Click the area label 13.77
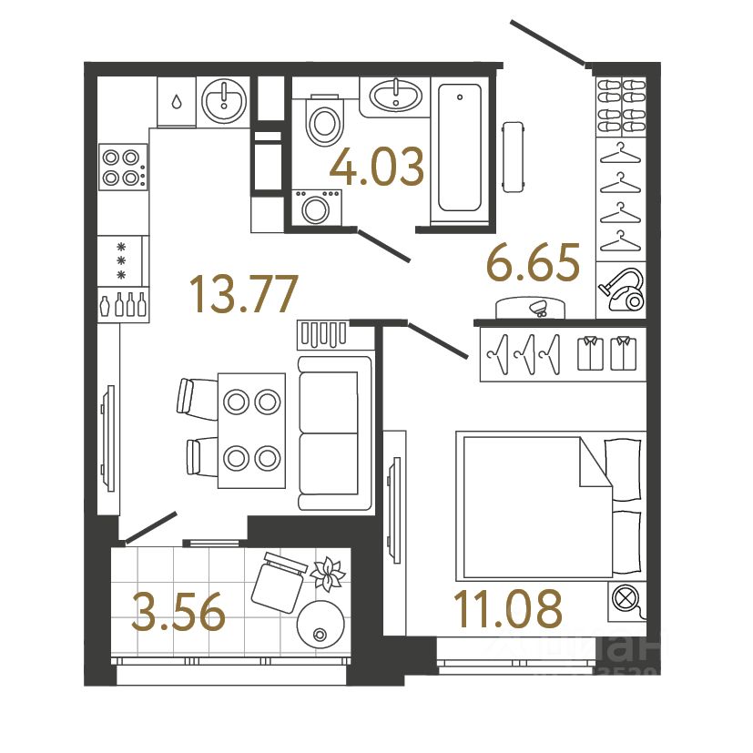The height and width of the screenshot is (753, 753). point(243,294)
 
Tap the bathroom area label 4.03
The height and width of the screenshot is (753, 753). point(377,168)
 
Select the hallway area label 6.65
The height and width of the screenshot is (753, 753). point(533,265)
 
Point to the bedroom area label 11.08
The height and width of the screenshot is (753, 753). point(509,609)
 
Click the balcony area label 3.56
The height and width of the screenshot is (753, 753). point(178,612)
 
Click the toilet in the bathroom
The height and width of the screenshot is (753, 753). point(324,122)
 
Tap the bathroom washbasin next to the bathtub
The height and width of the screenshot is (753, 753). point(396,94)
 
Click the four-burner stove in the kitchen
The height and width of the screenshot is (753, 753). point(123,167)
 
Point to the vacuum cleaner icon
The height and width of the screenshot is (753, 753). point(622,289)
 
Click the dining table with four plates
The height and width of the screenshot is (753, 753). point(251,428)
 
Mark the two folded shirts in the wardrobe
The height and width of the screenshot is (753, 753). point(605,353)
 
